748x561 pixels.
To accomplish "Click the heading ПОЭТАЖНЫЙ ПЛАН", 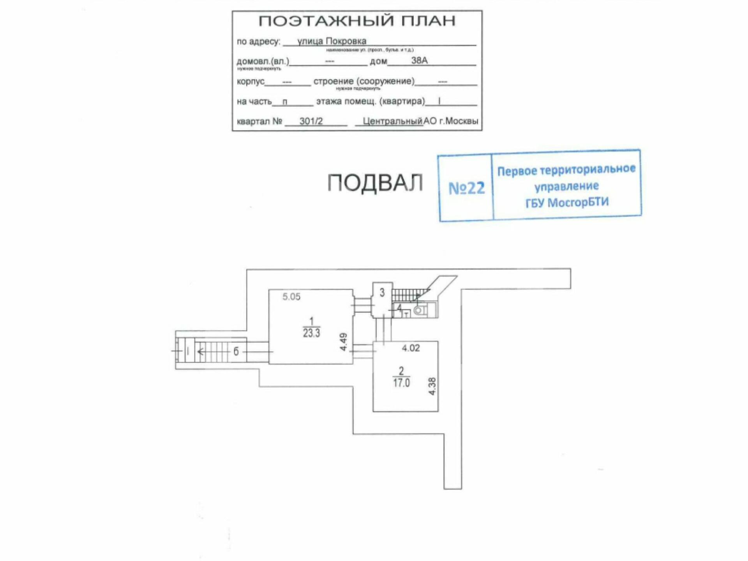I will (x=357, y=21).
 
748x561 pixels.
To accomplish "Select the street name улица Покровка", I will (x=332, y=41).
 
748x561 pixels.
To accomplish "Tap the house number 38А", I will (x=419, y=60).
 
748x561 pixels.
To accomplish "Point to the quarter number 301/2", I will (x=311, y=121).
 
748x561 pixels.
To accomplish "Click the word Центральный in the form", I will (x=392, y=121).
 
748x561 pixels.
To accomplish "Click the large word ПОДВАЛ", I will (x=375, y=183).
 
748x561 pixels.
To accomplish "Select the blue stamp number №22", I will (x=466, y=188).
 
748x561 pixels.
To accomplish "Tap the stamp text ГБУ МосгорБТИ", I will (x=567, y=203).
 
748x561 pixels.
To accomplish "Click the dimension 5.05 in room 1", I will (x=291, y=297).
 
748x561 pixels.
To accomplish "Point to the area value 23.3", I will (x=312, y=333).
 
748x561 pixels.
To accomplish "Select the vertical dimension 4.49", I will (x=343, y=342).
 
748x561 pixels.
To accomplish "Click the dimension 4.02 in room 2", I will (x=411, y=348).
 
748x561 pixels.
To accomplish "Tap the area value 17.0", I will (x=401, y=383).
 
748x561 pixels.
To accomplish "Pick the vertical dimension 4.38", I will (x=432, y=386).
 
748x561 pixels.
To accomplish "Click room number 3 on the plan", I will (x=382, y=292).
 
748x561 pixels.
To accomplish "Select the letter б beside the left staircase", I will (x=236, y=351).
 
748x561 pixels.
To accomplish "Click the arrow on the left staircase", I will (x=201, y=352).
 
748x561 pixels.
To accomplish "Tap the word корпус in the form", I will (x=251, y=81).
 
